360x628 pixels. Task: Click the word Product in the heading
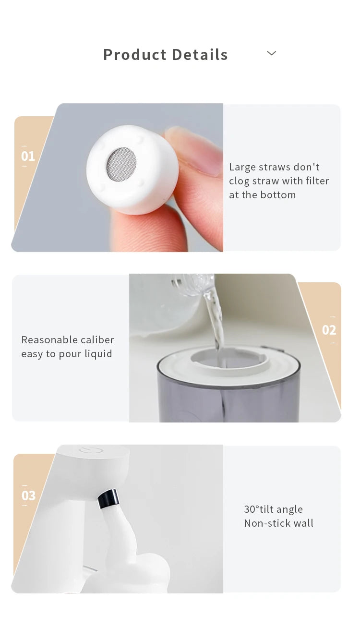(135, 55)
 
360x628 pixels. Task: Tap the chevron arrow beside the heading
(271, 53)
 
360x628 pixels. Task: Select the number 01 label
(28, 156)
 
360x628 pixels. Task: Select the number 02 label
(329, 330)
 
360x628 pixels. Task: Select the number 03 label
(28, 495)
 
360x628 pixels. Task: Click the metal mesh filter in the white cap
(121, 164)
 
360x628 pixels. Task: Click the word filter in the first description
(317, 181)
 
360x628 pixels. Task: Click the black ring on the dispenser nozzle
(108, 499)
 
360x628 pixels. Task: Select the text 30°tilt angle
(273, 509)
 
